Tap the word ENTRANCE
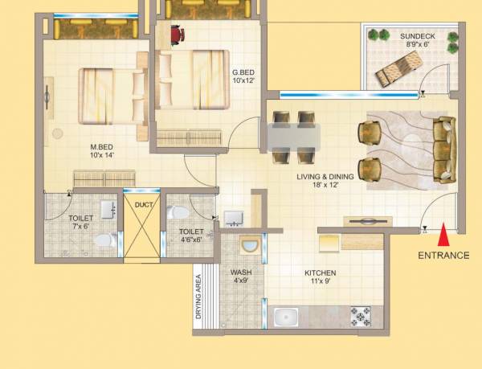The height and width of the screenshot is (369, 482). pos(443,256)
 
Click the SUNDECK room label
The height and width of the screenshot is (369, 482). pos(419,36)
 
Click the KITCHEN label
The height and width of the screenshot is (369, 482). pos(320,273)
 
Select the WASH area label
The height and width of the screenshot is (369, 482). pos(241,273)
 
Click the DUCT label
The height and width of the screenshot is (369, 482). pos(144,204)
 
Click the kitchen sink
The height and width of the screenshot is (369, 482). pos(288,318)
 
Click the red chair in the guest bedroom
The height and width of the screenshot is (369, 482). pos(177,35)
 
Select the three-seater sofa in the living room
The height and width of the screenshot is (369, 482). pos(444,148)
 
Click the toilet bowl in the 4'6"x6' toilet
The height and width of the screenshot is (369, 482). pos(178,212)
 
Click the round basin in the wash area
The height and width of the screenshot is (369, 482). pos(249,246)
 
